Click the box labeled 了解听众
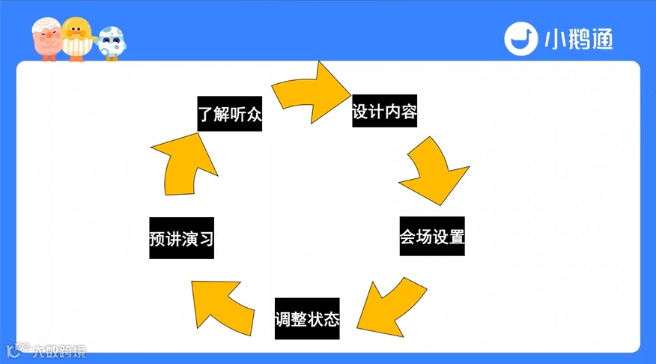point(230,113)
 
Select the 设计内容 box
point(384,113)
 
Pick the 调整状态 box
point(307,319)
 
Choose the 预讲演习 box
point(182,239)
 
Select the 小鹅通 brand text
point(578,39)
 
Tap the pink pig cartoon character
point(46,40)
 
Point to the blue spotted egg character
point(112,43)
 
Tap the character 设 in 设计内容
point(360,114)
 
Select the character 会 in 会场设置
point(408,237)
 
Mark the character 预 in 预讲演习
point(158,240)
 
